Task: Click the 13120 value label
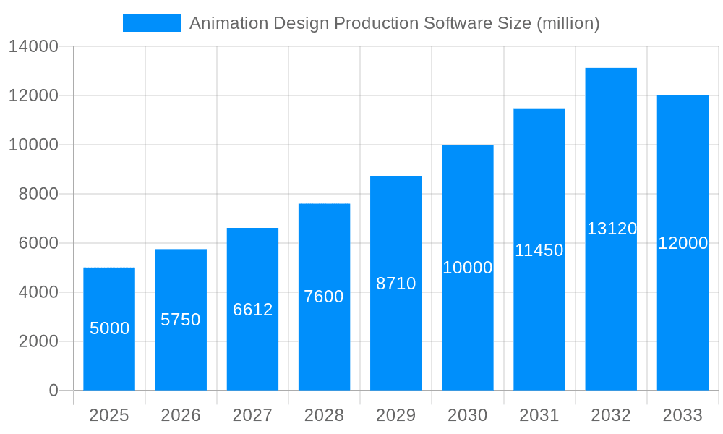coord(612,229)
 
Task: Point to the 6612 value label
coord(252,310)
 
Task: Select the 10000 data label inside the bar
coord(467,268)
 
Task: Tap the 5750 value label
coord(181,320)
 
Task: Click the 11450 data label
coord(539,250)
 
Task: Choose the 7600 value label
coord(324,297)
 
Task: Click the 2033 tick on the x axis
coord(683,415)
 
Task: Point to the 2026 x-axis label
coord(181,415)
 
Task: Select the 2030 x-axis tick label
coord(467,415)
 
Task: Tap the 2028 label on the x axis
coord(324,415)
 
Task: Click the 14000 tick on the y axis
coord(33,46)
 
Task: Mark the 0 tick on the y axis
coord(54,391)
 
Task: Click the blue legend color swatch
coord(152,23)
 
